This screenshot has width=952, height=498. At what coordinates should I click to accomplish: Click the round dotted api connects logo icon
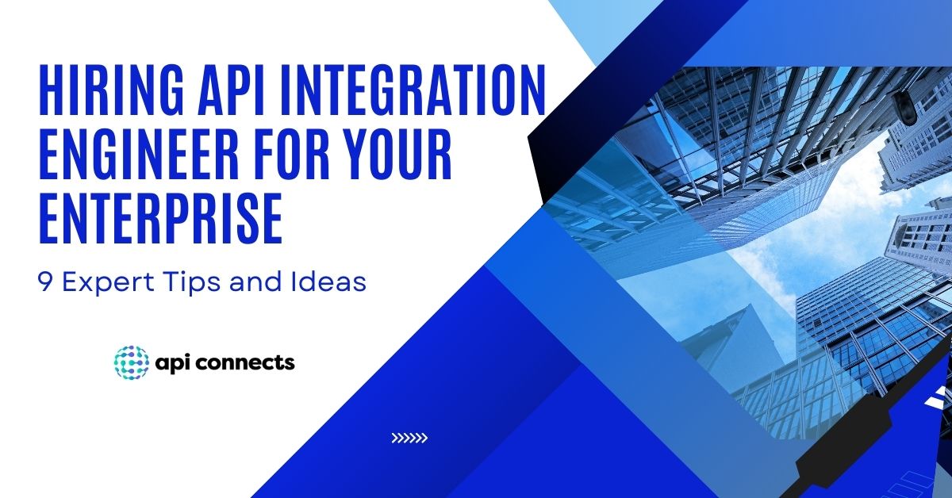pyautogui.click(x=130, y=362)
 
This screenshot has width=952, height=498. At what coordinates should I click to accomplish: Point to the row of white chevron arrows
pyautogui.click(x=409, y=437)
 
